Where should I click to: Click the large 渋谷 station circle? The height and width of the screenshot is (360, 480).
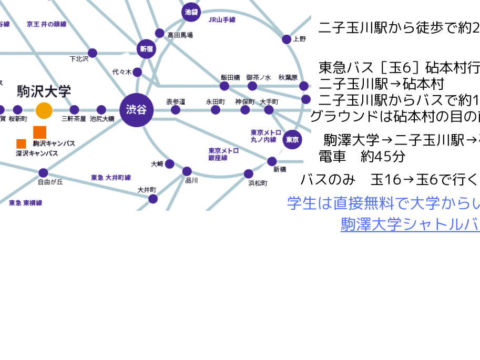[136, 110]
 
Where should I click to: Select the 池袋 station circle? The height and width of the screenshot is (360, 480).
[191, 12]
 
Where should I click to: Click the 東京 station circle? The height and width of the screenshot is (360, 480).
[292, 139]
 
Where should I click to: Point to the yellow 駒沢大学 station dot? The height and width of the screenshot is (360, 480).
[44, 110]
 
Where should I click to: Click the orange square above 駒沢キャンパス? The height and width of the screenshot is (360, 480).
[40, 132]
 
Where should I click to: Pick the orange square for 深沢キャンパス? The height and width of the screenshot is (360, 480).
[21, 143]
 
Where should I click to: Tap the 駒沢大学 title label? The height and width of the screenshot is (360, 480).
[44, 91]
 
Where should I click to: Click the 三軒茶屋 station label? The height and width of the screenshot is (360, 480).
[74, 119]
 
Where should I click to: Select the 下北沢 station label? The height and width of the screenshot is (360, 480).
[79, 59]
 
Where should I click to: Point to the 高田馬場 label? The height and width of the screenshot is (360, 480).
[180, 35]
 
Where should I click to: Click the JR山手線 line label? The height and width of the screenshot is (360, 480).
[222, 20]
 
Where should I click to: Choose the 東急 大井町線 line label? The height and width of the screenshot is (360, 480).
[111, 178]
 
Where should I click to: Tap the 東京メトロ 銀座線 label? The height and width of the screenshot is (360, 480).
[223, 154]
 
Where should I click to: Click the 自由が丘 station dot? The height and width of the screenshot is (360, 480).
[43, 173]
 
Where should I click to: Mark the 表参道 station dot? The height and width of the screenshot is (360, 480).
[176, 110]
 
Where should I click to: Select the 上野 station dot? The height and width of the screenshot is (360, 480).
[287, 39]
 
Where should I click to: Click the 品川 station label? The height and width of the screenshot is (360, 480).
[191, 180]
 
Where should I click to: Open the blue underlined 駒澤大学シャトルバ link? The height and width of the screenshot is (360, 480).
[410, 224]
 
